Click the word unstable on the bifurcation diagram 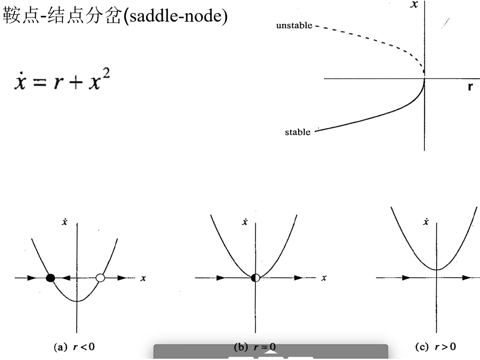point(294,25)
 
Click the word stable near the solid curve point(297,132)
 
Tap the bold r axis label point(470,87)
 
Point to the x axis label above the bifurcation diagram point(414,4)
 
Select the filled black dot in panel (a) point(51,278)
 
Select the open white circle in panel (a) point(100,278)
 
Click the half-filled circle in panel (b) point(255,278)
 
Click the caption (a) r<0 point(74,347)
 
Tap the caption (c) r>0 point(435,346)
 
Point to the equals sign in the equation point(40,83)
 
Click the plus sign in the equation point(76,83)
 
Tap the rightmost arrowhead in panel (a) point(122,278)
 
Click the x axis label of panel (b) point(324,278)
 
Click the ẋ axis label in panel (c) point(426,222)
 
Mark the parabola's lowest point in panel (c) point(437,270)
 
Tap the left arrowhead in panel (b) point(221,278)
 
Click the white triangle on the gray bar point(271,352)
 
